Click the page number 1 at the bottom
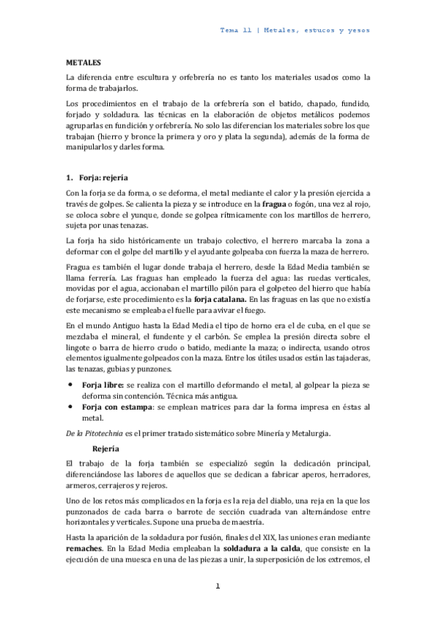[x=218, y=586]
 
